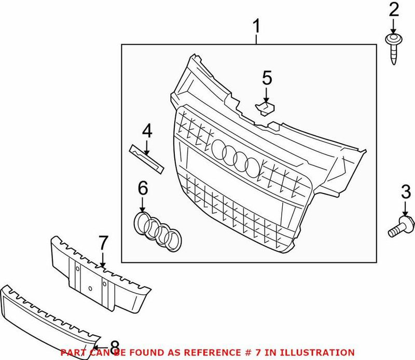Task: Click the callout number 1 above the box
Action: pyautogui.click(x=256, y=25)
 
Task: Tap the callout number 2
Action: pyautogui.click(x=394, y=9)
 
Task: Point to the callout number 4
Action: pyautogui.click(x=147, y=131)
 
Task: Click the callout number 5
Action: pyautogui.click(x=267, y=79)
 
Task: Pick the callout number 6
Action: pyautogui.click(x=143, y=189)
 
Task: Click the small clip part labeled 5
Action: pyautogui.click(x=266, y=108)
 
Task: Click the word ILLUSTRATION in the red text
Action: pyautogui.click(x=322, y=352)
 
